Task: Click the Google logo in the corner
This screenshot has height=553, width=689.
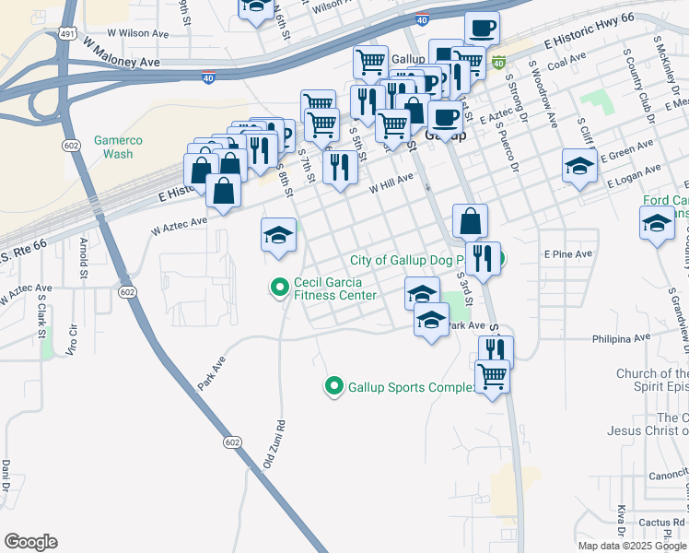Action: (x=30, y=542)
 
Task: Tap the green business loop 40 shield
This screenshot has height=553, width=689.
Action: (x=498, y=63)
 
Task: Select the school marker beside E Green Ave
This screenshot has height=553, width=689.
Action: (x=579, y=167)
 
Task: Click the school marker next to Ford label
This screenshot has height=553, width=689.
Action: (x=657, y=224)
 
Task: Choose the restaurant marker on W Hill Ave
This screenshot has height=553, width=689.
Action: (x=340, y=168)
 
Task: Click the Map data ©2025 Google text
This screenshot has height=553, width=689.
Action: (x=632, y=546)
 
